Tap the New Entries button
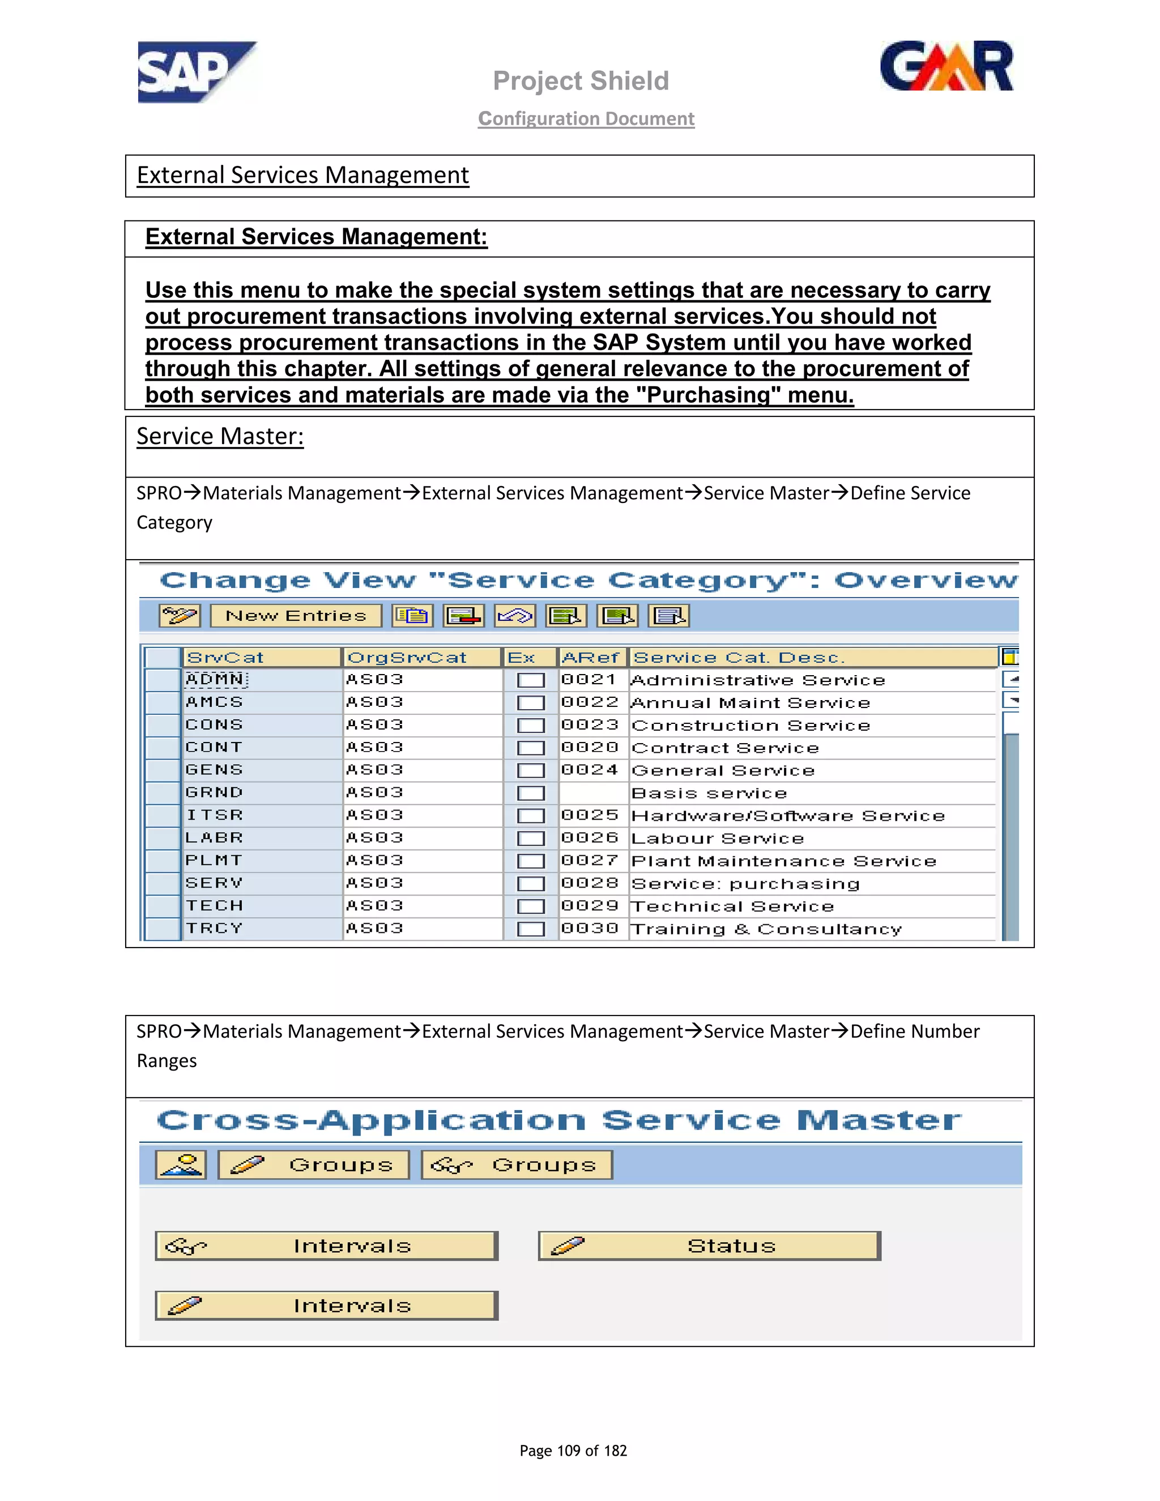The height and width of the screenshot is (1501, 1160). point(296,616)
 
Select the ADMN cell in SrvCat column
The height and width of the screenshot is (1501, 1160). point(215,680)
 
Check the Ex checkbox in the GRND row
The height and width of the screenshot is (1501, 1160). point(531,793)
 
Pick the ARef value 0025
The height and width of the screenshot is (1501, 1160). point(590,815)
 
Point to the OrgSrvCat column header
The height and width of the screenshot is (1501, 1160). point(407,658)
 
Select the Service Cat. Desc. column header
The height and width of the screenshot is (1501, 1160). point(739,658)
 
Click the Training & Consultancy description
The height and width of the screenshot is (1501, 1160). point(766,929)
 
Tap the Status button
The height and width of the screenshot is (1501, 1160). point(709,1246)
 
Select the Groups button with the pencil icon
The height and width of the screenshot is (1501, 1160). point(313,1165)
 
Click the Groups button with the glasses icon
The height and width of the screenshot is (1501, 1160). point(516,1165)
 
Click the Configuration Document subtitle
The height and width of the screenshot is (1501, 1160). point(586,118)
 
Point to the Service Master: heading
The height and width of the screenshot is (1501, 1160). point(220,436)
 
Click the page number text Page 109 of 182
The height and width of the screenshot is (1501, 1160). point(573,1451)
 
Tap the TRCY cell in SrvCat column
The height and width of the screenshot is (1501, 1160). point(215,928)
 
